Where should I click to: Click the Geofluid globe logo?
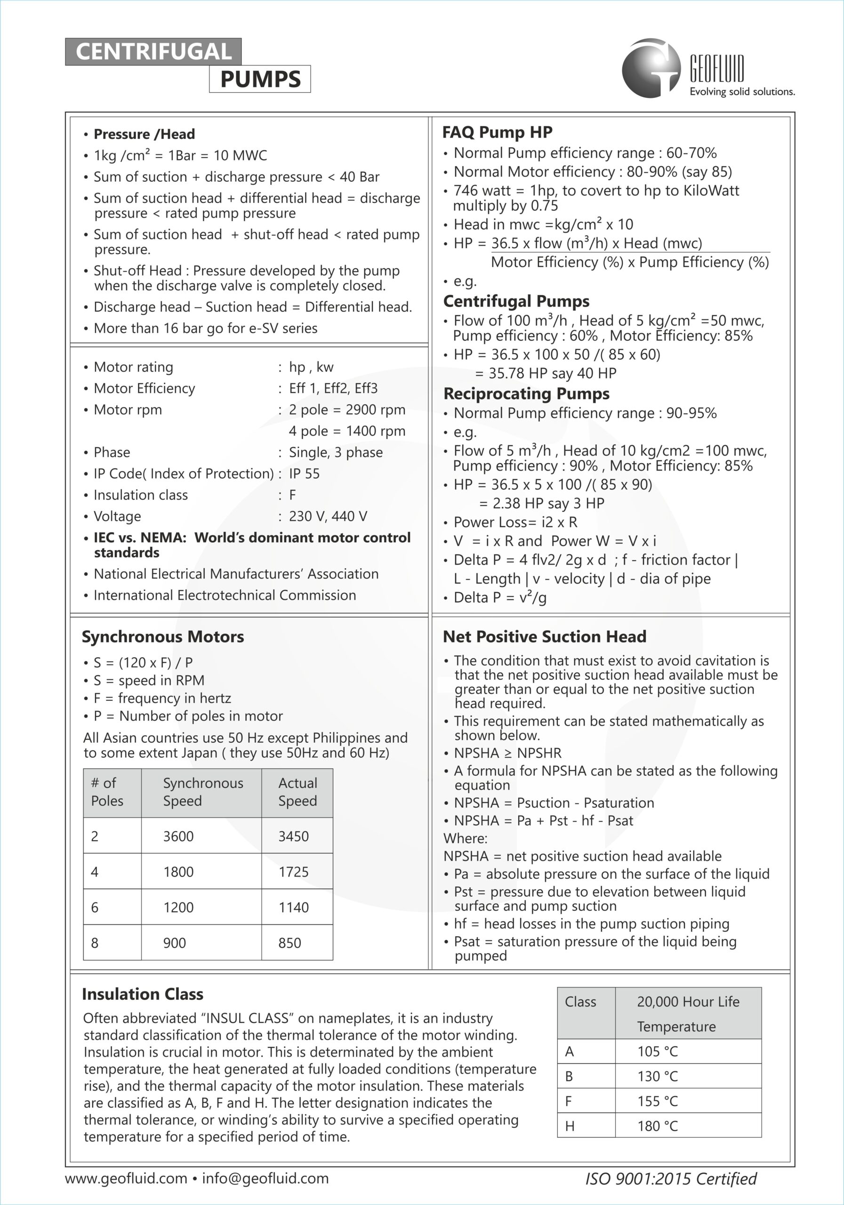point(651,68)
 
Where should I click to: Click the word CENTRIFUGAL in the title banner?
point(153,52)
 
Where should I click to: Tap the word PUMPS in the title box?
point(260,79)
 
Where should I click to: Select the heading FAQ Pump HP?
point(497,132)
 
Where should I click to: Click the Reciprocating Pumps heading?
point(526,394)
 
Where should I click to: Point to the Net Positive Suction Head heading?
point(544,636)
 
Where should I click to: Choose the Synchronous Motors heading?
point(163,636)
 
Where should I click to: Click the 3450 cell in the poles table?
point(293,836)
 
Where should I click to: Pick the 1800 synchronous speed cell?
point(178,872)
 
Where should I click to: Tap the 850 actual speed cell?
point(290,943)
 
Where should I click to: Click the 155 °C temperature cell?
point(658,1101)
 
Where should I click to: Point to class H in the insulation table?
point(570,1126)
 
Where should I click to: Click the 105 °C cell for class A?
point(658,1051)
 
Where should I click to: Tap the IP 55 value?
point(304,474)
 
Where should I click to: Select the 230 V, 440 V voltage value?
point(328,516)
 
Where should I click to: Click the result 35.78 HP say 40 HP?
point(546,373)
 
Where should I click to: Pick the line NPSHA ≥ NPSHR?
point(507,753)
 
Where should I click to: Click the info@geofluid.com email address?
point(265,1178)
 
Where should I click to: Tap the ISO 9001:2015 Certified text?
point(671,1179)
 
